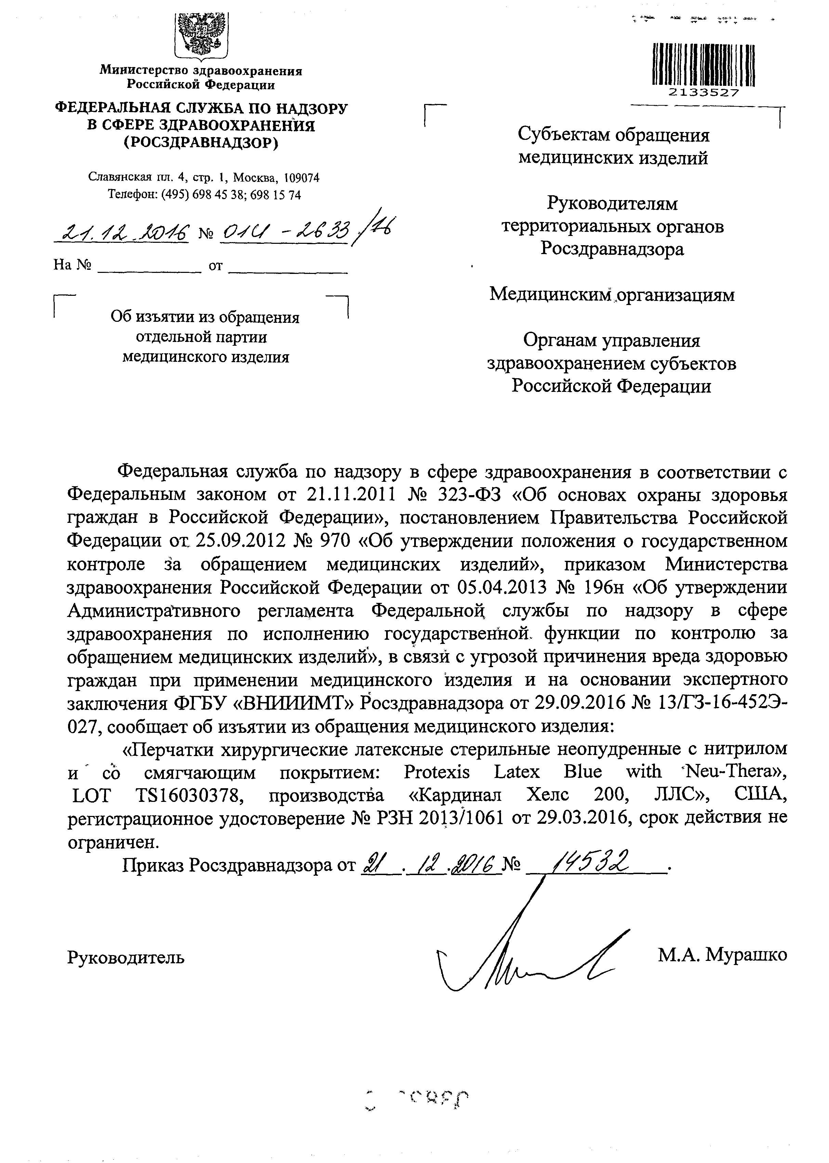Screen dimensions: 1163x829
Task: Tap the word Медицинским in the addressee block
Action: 550,295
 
